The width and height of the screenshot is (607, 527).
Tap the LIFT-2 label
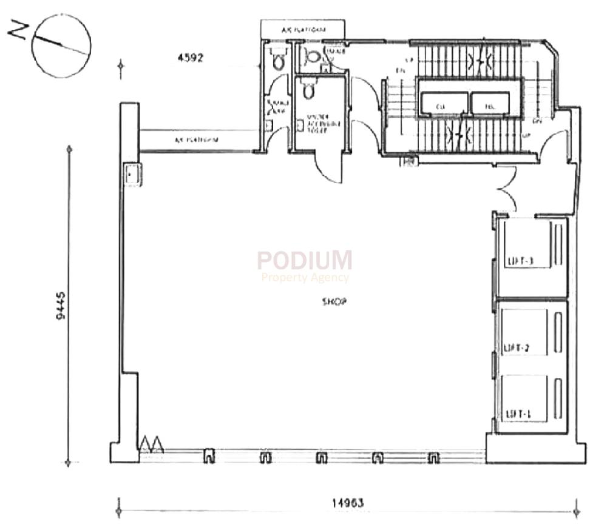[517, 348]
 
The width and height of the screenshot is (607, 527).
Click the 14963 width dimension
[348, 503]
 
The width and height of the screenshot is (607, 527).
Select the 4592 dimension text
[189, 58]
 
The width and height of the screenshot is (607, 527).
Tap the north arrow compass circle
[61, 45]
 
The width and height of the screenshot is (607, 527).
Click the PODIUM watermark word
[304, 260]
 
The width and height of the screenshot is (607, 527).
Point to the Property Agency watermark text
[305, 278]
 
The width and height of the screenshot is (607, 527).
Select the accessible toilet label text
[316, 125]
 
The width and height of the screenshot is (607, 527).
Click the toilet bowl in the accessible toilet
[308, 91]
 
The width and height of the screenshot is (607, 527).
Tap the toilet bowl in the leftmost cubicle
[279, 61]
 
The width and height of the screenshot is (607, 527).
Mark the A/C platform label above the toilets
[302, 29]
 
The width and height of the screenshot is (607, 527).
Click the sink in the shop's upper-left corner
[132, 175]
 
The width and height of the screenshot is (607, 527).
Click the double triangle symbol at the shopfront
[151, 444]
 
